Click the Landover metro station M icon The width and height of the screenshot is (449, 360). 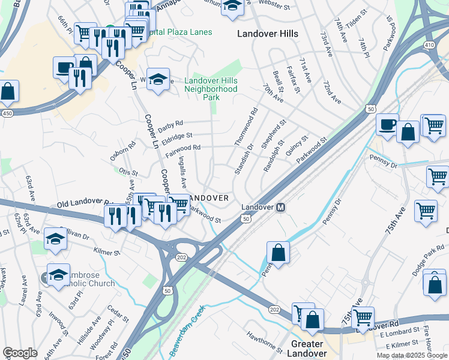280,207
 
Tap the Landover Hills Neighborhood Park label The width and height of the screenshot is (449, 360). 211,89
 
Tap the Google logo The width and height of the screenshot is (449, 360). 20,353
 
